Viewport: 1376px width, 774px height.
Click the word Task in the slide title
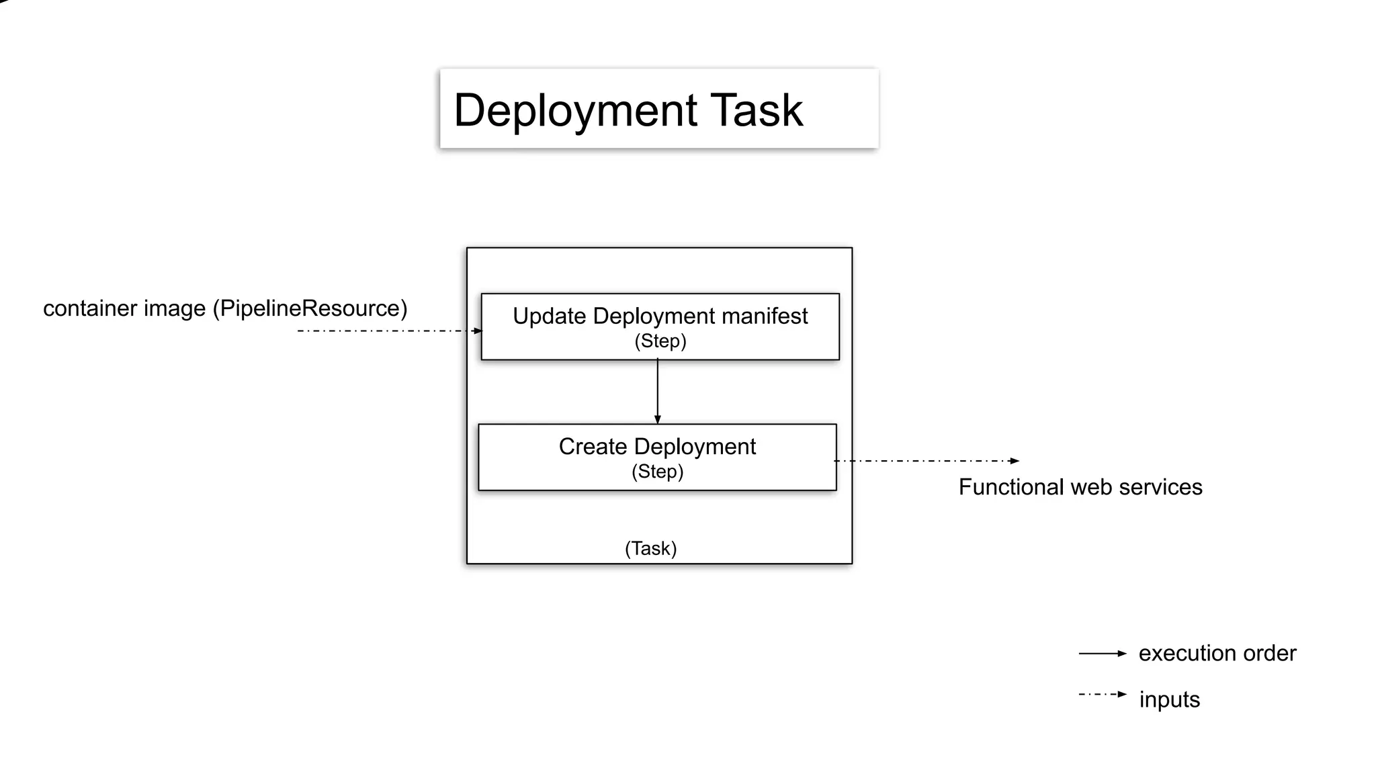pos(757,110)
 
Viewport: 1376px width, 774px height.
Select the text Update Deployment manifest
pos(660,316)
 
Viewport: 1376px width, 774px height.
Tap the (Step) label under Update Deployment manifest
pos(660,341)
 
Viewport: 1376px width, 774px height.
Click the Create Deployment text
pos(657,446)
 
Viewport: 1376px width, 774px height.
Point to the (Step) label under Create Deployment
pos(657,472)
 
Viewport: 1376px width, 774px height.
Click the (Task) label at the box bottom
pos(650,548)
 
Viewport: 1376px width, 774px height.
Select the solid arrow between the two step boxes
pos(657,392)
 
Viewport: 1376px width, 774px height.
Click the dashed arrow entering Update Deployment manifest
pos(390,331)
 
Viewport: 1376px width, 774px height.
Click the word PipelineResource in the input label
pos(310,308)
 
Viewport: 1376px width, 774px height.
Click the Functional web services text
pos(1080,487)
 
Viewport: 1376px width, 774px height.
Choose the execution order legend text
pos(1217,653)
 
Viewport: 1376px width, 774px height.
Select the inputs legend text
pos(1169,699)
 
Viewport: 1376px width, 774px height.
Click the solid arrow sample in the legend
pos(1102,653)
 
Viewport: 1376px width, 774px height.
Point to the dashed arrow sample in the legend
pos(1102,694)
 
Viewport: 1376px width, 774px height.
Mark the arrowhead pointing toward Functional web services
pos(1015,461)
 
